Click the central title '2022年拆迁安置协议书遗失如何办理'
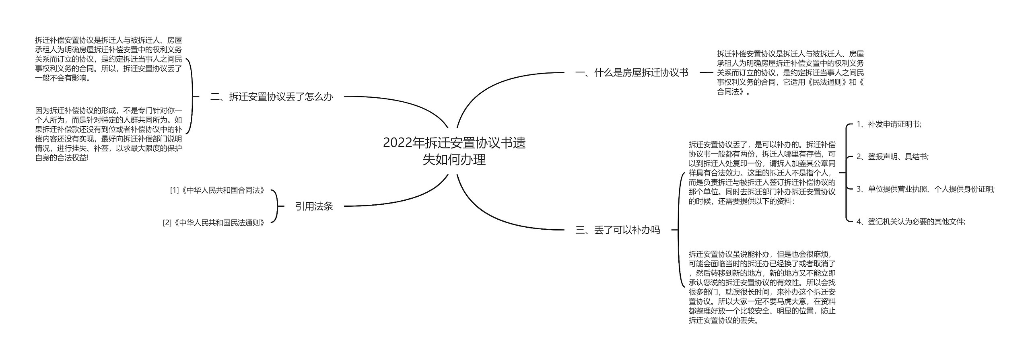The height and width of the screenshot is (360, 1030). [454, 151]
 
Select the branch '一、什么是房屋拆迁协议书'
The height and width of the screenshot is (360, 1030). [632, 73]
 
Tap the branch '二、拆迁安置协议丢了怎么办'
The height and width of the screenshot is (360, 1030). [272, 97]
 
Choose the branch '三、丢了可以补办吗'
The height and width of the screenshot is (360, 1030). [618, 230]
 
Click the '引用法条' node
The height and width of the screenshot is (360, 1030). [314, 206]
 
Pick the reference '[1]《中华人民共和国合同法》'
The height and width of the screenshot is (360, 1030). [218, 190]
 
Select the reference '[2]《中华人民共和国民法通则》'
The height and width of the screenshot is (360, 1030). [214, 222]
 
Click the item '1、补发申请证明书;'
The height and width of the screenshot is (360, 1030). [888, 124]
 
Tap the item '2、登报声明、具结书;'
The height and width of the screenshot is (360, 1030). [892, 156]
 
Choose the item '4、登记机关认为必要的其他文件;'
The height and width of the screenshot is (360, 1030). [911, 221]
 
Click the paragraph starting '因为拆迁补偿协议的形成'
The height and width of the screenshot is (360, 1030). [109, 134]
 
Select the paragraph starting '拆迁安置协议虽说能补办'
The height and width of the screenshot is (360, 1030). [762, 287]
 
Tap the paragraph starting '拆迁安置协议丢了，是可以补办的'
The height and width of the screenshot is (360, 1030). [762, 173]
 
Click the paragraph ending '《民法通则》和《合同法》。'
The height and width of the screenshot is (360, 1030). [790, 73]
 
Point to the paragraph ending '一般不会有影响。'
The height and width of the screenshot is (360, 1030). [109, 59]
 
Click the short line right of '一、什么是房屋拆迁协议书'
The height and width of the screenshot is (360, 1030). [706, 73]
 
